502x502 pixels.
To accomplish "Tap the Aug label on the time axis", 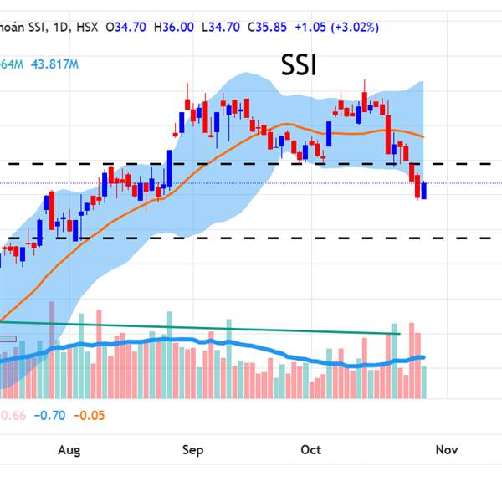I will point(69,450).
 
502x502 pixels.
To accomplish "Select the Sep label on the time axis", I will point(192,450).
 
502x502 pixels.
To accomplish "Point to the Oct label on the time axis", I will point(310,450).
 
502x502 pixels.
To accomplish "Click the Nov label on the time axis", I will point(446,450).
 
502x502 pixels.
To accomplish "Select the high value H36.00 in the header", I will point(172,28).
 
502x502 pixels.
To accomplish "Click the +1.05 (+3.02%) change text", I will point(334,28).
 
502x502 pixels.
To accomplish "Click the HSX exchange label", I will point(84,28).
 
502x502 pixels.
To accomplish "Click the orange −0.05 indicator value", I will point(89,415).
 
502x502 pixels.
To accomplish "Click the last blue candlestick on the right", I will point(424,191).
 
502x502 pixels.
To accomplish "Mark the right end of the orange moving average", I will point(423,136).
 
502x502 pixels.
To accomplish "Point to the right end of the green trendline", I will point(399,334).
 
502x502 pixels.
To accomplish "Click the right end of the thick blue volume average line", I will point(424,357).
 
